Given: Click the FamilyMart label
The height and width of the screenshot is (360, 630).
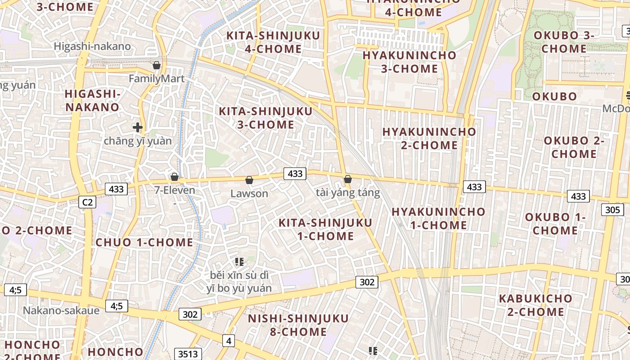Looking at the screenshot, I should coord(157,79).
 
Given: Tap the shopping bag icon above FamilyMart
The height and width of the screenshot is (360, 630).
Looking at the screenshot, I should coord(157,66).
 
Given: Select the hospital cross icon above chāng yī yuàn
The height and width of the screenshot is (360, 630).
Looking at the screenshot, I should coord(138,128).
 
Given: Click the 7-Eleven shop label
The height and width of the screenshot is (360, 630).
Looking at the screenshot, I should coord(175,190).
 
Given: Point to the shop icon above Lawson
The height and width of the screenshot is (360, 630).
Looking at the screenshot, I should coord(249,180).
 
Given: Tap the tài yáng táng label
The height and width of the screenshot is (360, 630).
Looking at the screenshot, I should coord(348,193).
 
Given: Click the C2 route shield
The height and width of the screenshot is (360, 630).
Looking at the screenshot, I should coord(87,202).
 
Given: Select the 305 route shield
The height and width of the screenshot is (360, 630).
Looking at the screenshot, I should coord(612,209).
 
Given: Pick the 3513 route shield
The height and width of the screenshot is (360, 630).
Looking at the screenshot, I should coord(188,354).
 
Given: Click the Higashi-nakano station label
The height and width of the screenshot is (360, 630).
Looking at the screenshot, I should coord(92,46).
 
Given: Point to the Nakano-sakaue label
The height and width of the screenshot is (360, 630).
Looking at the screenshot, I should coord(61,310).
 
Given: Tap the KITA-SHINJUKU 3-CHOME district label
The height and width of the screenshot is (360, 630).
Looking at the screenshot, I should coord(265,118).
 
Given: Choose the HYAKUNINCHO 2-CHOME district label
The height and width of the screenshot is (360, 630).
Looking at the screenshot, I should coord(429,139).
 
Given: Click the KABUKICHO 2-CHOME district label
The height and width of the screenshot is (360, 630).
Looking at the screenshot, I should coord(535,305).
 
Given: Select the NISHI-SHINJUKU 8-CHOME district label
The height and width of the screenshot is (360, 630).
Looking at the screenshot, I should coord(298,325).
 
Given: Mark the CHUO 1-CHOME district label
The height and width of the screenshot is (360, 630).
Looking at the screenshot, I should coord(144,243).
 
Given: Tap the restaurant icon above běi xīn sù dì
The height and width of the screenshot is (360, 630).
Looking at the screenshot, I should coord(239,261).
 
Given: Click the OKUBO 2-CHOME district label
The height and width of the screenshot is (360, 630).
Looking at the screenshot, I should coord(574,147).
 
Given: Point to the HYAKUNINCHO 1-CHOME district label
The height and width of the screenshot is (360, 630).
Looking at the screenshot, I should coord(439,218).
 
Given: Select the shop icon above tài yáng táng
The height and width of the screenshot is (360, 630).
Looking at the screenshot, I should coord(348,180).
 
